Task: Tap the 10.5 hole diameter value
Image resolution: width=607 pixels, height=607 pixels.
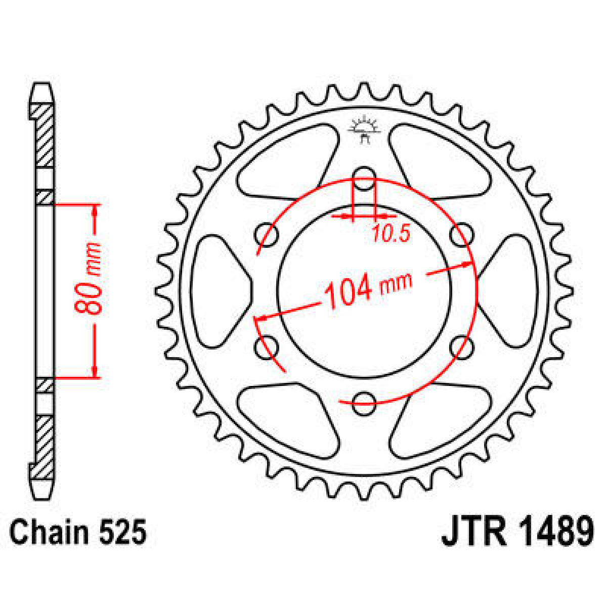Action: (391, 233)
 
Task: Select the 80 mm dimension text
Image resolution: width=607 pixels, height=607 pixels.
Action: (89, 279)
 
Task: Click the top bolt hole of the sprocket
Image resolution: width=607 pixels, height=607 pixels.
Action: (364, 179)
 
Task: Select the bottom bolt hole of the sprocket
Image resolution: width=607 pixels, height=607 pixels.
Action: (364, 403)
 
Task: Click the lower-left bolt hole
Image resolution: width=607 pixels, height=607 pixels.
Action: (267, 347)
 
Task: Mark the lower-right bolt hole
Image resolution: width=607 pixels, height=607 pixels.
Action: (461, 347)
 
